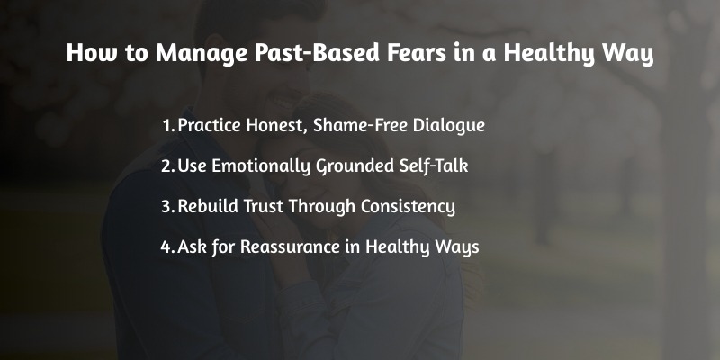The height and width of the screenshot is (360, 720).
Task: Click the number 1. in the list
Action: (x=168, y=125)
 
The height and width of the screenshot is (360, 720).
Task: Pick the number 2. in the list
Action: (x=167, y=166)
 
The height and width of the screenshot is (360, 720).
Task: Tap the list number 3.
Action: (x=167, y=206)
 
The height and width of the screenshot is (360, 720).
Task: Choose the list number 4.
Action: (x=167, y=247)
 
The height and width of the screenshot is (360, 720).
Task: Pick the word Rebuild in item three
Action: (x=210, y=206)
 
